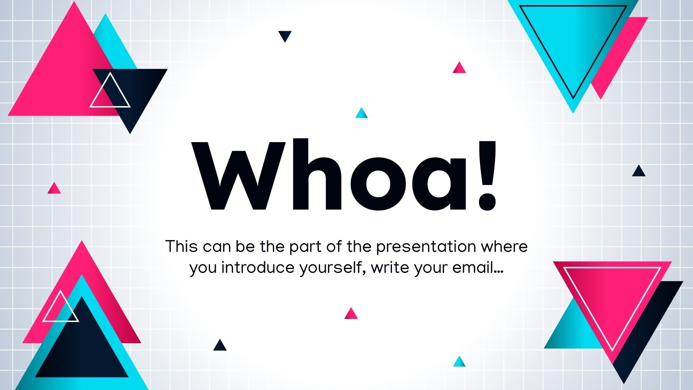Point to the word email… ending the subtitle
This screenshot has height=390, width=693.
point(478,268)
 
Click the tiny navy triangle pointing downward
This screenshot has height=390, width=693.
point(285,36)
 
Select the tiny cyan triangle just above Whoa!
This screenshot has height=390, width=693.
point(361,114)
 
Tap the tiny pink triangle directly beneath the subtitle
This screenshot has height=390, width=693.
point(351,314)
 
